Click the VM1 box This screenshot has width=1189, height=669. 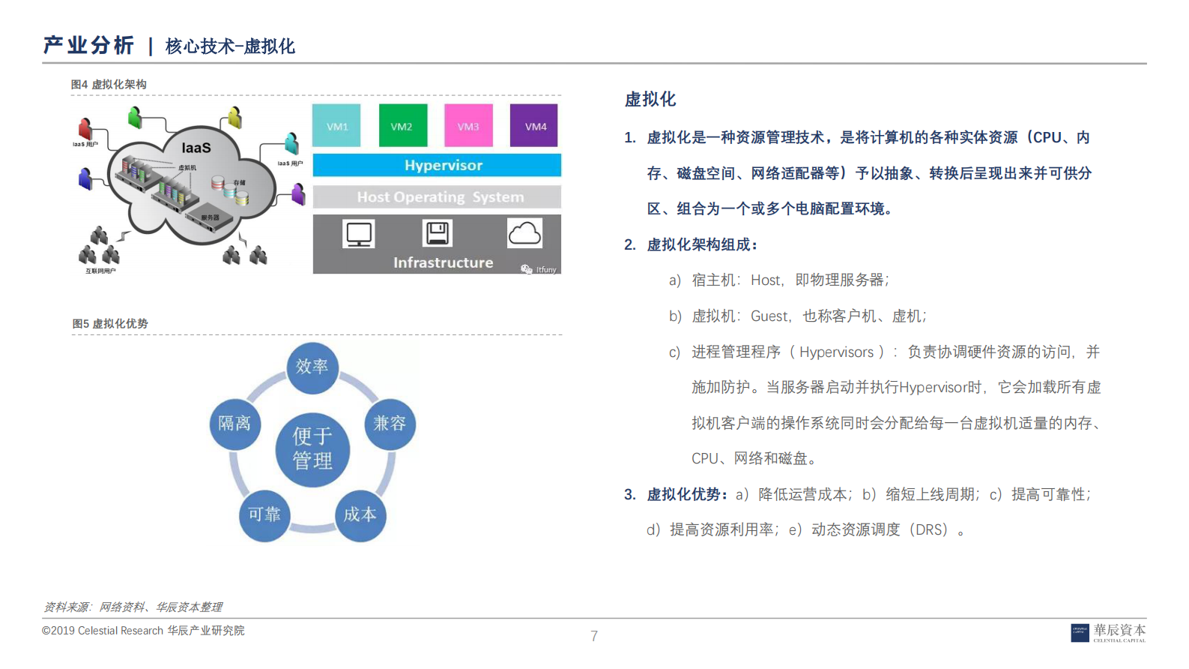[336, 125]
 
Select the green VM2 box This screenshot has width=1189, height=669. [402, 125]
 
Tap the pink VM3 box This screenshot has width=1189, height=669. [468, 125]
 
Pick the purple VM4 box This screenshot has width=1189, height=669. [535, 125]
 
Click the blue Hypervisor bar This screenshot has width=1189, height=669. [437, 165]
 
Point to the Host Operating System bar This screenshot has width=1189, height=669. [437, 196]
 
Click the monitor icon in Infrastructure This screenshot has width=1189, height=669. [359, 234]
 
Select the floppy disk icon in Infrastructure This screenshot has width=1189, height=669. [438, 233]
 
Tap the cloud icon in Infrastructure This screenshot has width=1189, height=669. [524, 233]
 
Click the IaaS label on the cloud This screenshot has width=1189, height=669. [196, 148]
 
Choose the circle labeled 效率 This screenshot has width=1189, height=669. [312, 367]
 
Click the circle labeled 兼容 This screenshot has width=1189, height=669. [390, 424]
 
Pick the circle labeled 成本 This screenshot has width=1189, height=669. [360, 514]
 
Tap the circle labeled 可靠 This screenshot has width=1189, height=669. [264, 514]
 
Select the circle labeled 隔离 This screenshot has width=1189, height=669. [235, 424]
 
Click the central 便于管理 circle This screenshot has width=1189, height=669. [312, 448]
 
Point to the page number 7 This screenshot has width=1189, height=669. [594, 636]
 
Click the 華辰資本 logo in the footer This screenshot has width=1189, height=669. [1108, 632]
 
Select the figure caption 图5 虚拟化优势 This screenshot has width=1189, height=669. [110, 323]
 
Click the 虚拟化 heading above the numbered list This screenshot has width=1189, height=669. [650, 99]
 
